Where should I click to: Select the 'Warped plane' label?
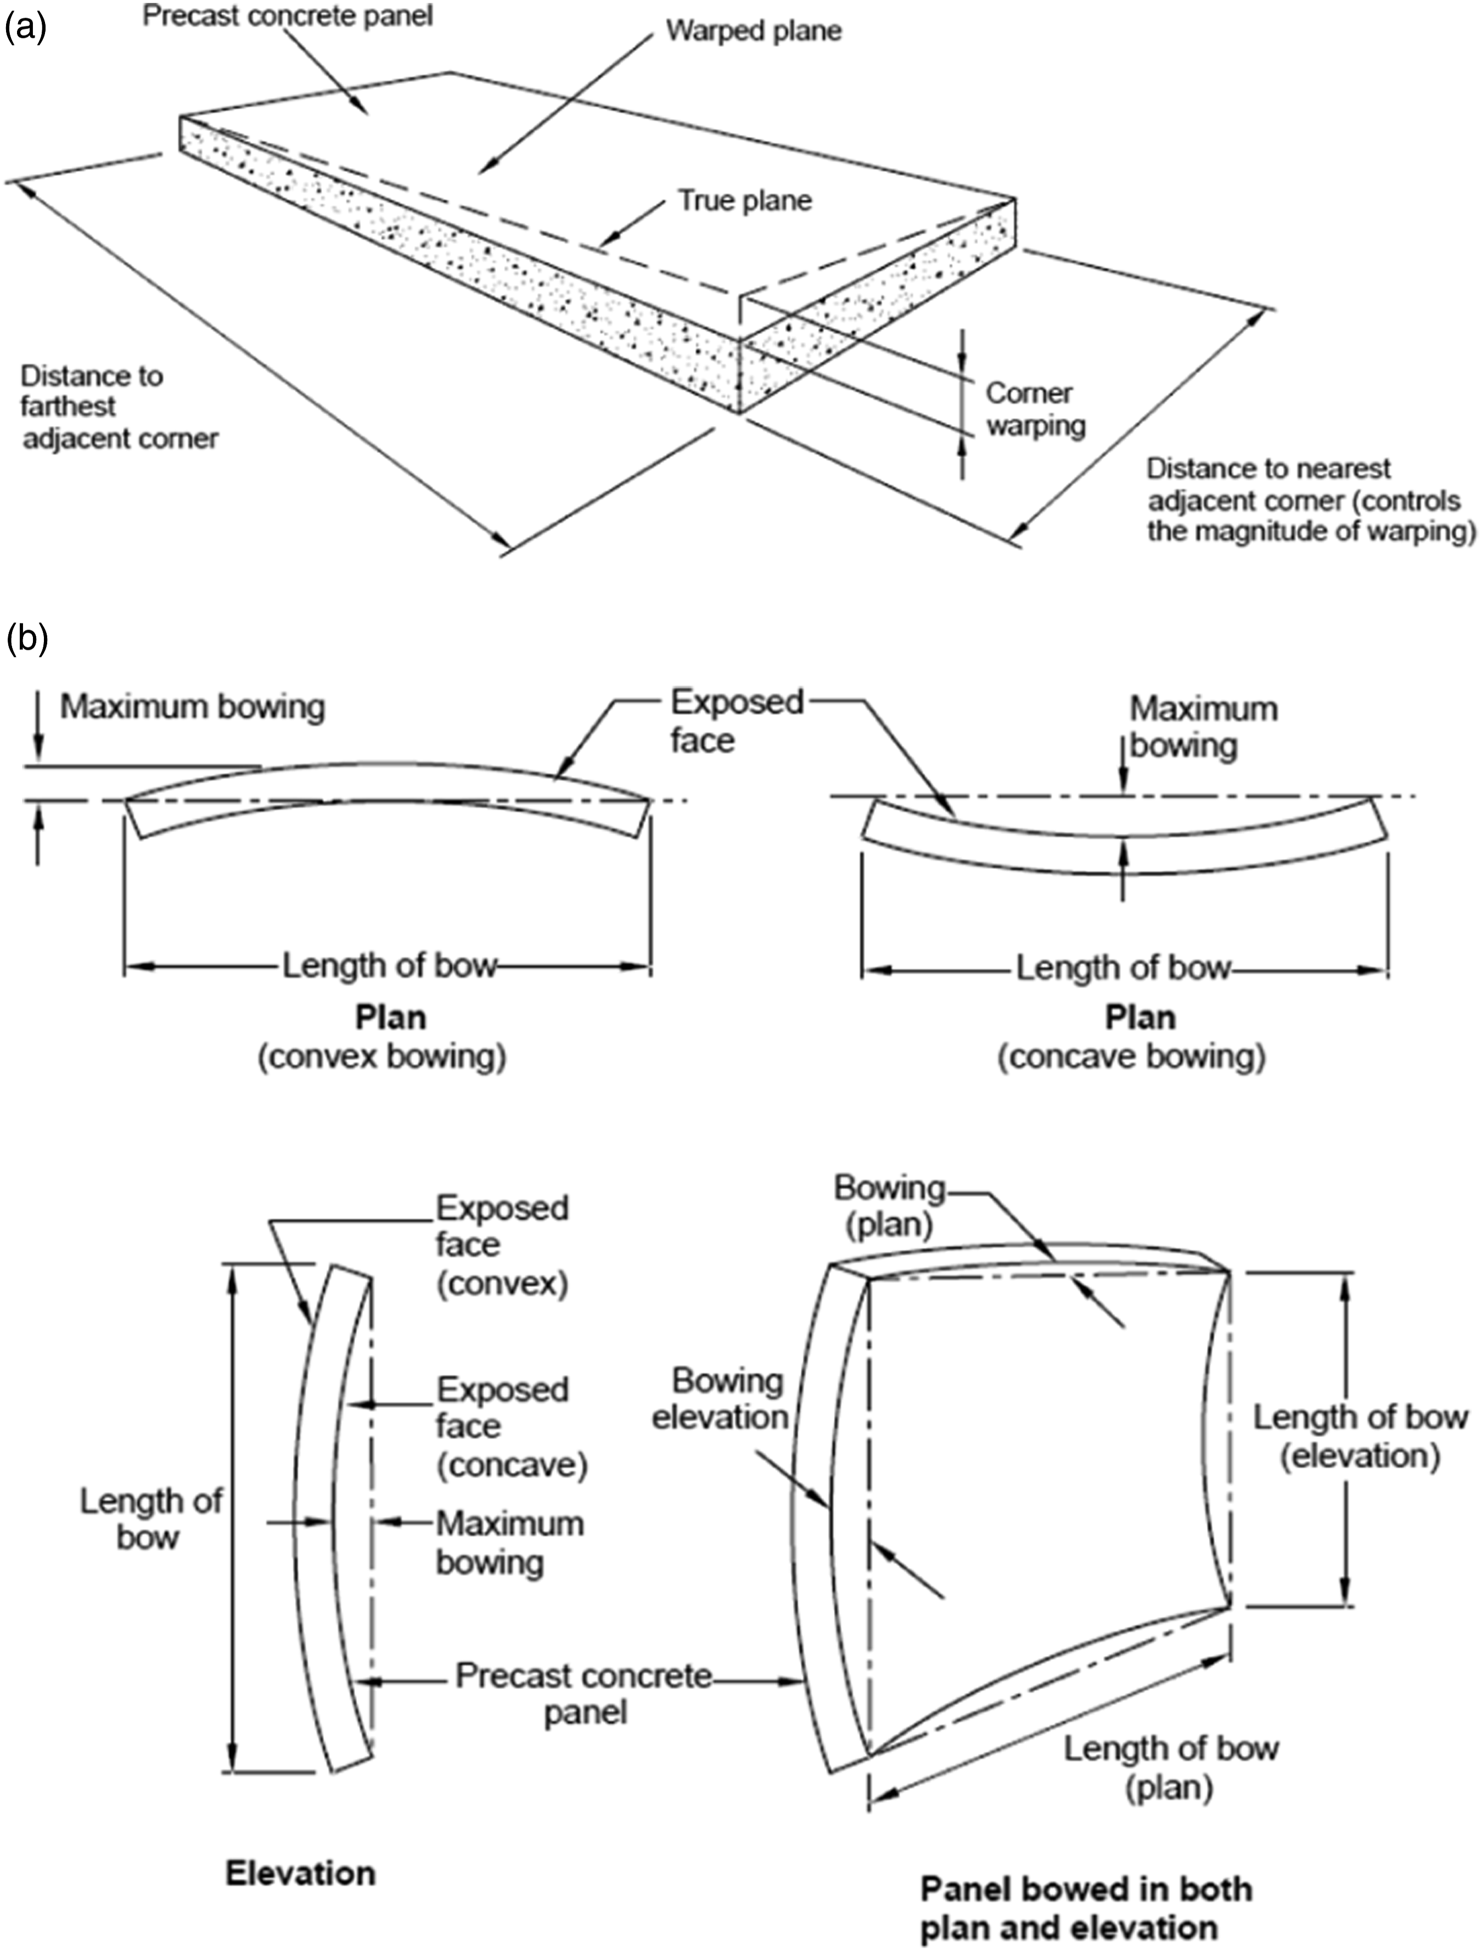tap(753, 31)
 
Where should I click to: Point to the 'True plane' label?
tap(744, 201)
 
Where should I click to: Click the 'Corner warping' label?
tap(1035, 408)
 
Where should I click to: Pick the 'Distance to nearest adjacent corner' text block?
tap(1311, 500)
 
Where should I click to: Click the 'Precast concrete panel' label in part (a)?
tap(288, 17)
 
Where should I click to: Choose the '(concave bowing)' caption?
tap(1132, 1056)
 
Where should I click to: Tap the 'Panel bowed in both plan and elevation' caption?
tap(1086, 1908)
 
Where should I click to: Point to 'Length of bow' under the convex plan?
tap(390, 966)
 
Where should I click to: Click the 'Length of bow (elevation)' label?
tap(1360, 1436)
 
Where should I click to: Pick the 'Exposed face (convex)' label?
tap(502, 1245)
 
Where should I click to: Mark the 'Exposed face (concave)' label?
tap(512, 1426)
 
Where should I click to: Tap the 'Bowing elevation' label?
tap(720, 1398)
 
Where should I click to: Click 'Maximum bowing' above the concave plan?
tap(1203, 727)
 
